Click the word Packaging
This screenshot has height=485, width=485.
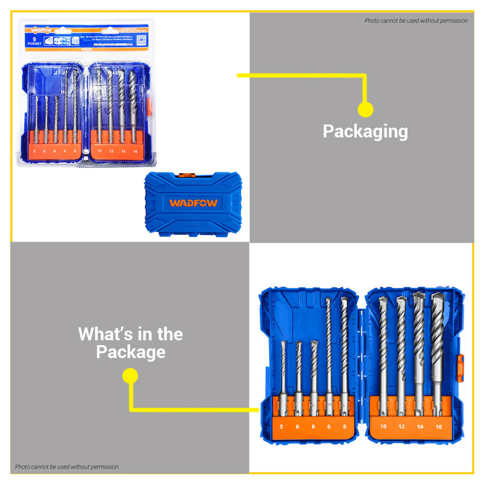click(x=365, y=131)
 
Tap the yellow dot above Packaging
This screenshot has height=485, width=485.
click(x=365, y=109)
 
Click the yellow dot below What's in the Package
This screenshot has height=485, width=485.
click(x=130, y=376)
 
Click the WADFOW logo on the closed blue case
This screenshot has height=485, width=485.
click(x=193, y=204)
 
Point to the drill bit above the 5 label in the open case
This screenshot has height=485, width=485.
click(x=283, y=371)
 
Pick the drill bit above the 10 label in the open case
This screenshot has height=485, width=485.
click(x=382, y=346)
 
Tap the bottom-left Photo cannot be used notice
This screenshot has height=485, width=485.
click(x=67, y=467)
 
